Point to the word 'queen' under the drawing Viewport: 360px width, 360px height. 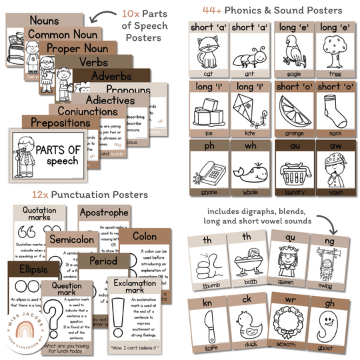[289, 281]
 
